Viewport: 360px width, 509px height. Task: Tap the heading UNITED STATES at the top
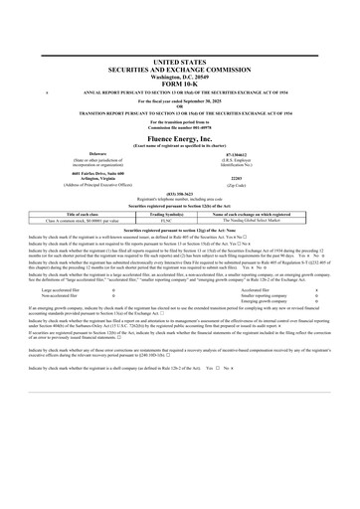coord(180,33)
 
